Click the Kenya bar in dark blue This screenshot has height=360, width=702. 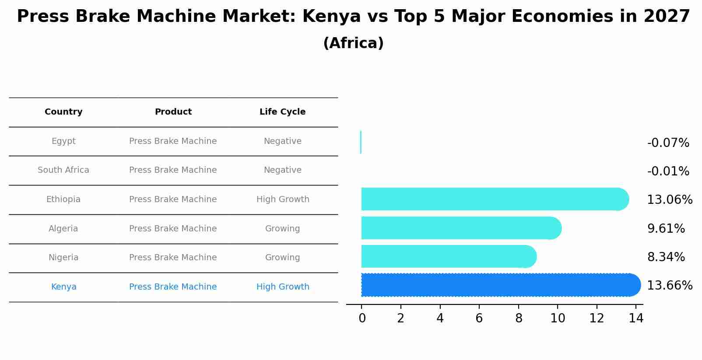(499, 285)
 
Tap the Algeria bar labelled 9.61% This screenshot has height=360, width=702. (460, 228)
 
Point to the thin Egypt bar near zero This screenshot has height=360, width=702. (361, 142)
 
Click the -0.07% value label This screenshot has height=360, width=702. (668, 143)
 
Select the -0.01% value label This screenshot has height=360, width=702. (668, 171)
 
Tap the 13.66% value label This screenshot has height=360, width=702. (670, 286)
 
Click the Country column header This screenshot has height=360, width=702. (63, 112)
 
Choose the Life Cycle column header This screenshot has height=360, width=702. (282, 112)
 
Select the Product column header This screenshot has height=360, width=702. (173, 112)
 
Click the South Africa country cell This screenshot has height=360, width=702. (63, 170)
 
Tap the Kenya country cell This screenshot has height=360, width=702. (63, 287)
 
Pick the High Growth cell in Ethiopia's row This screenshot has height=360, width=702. (283, 199)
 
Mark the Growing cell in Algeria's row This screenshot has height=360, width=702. (282, 229)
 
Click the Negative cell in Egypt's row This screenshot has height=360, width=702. (282, 141)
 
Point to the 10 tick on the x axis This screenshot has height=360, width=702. (558, 318)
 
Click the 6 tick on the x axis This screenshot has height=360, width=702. (479, 318)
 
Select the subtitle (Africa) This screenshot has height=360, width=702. (353, 43)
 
